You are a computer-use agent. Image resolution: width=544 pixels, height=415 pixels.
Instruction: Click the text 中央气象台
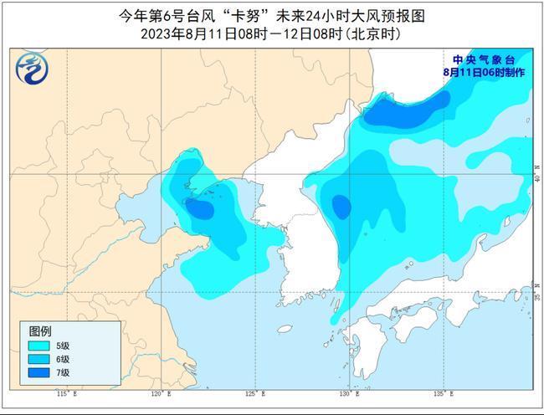(484, 60)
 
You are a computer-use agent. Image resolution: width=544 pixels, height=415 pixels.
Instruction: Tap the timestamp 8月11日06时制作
(485, 73)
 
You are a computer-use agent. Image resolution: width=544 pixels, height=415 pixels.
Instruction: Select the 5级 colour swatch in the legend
(38, 345)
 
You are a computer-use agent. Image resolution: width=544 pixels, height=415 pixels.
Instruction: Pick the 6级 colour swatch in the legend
(38, 358)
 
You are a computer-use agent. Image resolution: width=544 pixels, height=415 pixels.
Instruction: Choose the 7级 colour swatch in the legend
(38, 371)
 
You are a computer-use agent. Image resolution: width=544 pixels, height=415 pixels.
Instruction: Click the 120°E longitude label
(157, 393)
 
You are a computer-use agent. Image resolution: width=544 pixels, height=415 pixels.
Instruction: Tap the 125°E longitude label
(250, 393)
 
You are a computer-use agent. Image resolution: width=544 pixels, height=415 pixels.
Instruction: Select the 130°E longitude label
(346, 393)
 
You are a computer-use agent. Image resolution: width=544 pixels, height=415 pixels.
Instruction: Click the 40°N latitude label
(536, 177)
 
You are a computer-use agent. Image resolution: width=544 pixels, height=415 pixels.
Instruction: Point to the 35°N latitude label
(536, 295)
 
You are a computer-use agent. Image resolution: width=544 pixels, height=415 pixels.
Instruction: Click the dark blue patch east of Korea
(341, 206)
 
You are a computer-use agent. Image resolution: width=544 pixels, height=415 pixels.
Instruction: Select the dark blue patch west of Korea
(199, 208)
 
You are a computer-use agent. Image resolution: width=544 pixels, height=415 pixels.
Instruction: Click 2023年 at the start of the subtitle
(160, 34)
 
